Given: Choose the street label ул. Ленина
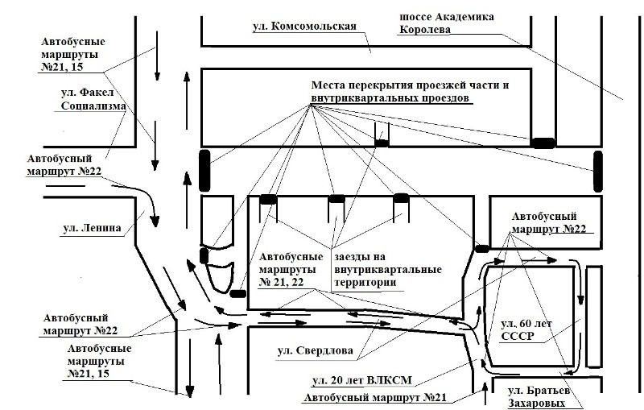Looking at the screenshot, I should pos(92,227).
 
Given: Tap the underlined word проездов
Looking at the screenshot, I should pos(440,98).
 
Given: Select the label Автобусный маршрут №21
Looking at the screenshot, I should pos(378,397).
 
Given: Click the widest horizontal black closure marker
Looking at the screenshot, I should pos(543,143).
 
